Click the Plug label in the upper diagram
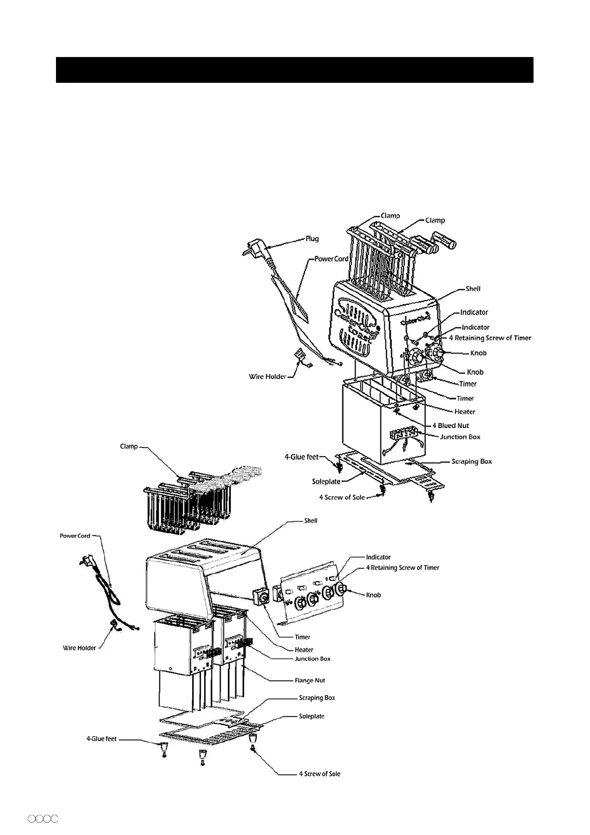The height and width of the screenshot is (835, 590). pyautogui.click(x=312, y=239)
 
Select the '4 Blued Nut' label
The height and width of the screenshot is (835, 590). pyautogui.click(x=450, y=425)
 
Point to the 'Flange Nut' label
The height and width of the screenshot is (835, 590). pyautogui.click(x=310, y=680)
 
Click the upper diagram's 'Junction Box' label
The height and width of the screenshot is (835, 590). pyautogui.click(x=460, y=437)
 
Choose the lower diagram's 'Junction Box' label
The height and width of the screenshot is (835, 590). pyautogui.click(x=312, y=658)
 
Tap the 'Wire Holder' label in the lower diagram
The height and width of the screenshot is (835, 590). pyautogui.click(x=79, y=648)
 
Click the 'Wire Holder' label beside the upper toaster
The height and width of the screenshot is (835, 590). pyautogui.click(x=268, y=376)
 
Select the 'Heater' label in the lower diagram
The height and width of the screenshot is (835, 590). pyautogui.click(x=304, y=650)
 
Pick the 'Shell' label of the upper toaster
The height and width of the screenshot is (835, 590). pyautogui.click(x=473, y=289)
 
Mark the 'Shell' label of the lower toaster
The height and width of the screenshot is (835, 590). pyautogui.click(x=311, y=521)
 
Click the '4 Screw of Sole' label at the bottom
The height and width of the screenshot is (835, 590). pyautogui.click(x=320, y=774)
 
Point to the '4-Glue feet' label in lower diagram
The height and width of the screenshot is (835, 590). pyautogui.click(x=102, y=739)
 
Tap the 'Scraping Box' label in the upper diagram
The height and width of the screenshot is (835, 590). pyautogui.click(x=472, y=461)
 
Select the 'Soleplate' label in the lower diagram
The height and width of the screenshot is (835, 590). pyautogui.click(x=312, y=716)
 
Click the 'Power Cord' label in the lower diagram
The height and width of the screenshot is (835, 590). pyautogui.click(x=75, y=536)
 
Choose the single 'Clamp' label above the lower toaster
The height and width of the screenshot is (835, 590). pyautogui.click(x=129, y=446)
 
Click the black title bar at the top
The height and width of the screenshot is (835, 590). pyautogui.click(x=294, y=70)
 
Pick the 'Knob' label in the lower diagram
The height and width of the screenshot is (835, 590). pyautogui.click(x=374, y=595)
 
